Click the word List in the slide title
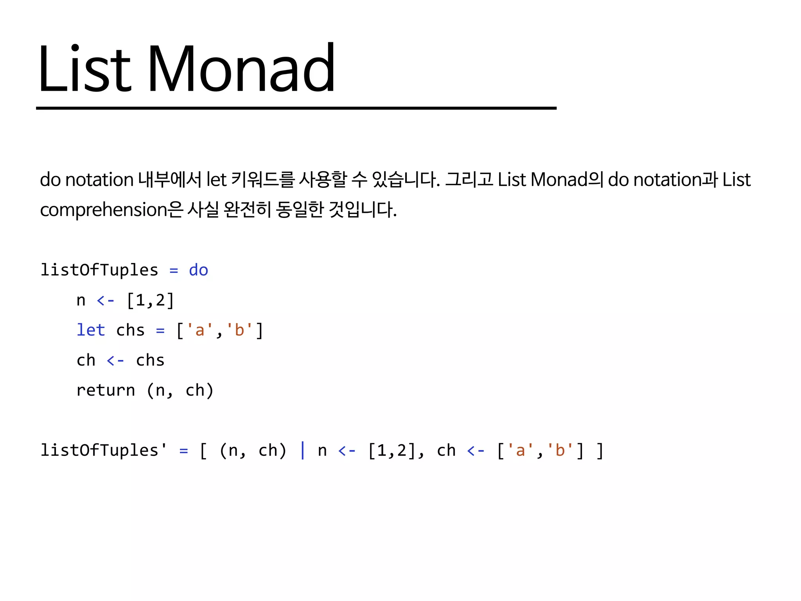point(84,69)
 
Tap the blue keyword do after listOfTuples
point(198,270)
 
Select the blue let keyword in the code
point(91,330)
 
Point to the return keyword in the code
point(106,390)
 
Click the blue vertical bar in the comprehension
point(302,450)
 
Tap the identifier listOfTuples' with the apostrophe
point(104,450)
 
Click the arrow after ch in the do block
point(115,360)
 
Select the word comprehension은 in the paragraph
point(111,210)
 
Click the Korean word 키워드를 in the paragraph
point(262,180)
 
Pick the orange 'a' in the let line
point(199,330)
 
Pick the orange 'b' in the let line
point(239,330)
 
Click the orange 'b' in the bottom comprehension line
point(560,450)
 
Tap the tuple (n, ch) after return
point(180,390)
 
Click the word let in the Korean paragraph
point(216,180)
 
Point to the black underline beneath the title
point(296,108)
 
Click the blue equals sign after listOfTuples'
point(183,451)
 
